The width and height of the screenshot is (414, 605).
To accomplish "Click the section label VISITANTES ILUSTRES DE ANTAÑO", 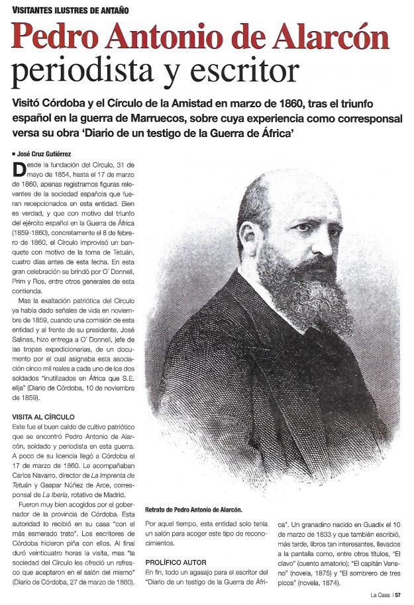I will [71, 9].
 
